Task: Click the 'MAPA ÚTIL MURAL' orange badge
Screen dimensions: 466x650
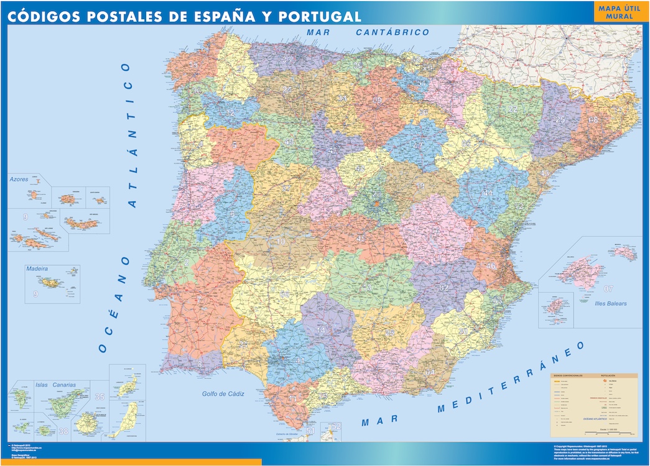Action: pos(619,12)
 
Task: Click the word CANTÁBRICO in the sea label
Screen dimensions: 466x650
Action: pos(392,32)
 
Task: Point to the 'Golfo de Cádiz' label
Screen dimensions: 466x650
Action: pos(223,394)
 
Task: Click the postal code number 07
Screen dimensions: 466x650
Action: pos(608,288)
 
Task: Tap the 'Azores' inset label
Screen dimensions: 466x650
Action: pos(19,179)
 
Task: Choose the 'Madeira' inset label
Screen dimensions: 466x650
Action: pos(37,269)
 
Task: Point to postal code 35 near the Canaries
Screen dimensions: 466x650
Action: pos(100,396)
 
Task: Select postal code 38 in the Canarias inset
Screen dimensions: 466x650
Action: pos(63,431)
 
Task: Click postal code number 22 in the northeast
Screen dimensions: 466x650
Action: pos(513,109)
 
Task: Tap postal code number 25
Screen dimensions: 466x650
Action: pos(561,120)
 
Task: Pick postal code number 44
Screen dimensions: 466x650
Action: pos(488,193)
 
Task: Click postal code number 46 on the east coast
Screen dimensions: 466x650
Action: pos(491,266)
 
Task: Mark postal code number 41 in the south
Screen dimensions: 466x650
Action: pos(300,361)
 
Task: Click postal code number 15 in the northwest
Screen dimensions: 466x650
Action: pos(194,65)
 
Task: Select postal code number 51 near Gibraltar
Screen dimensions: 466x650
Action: pos(310,430)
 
